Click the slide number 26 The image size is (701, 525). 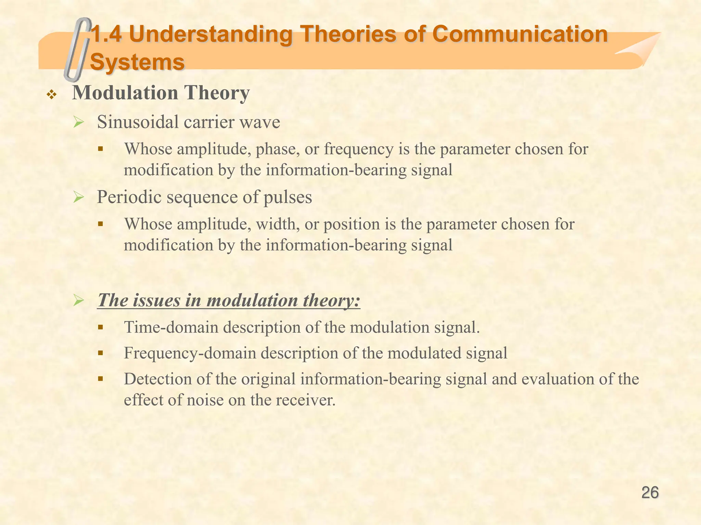[650, 493]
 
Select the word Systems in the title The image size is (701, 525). [137, 62]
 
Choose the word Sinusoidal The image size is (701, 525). [138, 122]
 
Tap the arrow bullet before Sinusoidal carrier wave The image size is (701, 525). [79, 122]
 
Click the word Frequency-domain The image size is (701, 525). [190, 353]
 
